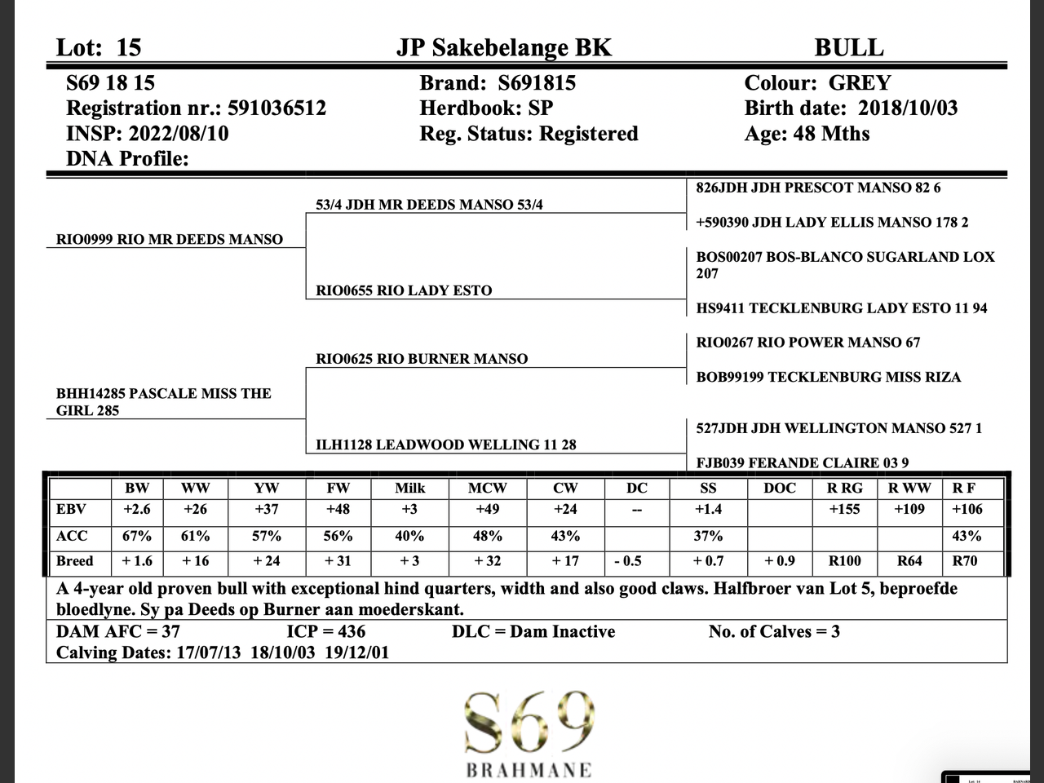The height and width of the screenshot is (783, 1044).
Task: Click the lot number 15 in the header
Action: tap(128, 47)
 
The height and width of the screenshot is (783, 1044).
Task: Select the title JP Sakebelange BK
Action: tap(503, 47)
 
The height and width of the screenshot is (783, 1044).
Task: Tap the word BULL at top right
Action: tap(848, 47)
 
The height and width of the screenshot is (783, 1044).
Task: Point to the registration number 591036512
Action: tap(276, 108)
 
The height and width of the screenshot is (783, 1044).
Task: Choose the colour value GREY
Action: tap(860, 83)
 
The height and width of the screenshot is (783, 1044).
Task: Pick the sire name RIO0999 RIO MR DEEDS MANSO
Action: tap(170, 239)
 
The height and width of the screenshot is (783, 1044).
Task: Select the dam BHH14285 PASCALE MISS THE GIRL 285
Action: tap(163, 401)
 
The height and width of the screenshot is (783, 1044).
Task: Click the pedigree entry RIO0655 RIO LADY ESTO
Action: tap(404, 290)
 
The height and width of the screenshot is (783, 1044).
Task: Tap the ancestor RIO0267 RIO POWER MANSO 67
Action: tap(807, 343)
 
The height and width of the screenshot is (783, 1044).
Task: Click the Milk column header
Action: tap(409, 488)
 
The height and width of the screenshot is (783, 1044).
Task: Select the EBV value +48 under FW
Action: tap(338, 510)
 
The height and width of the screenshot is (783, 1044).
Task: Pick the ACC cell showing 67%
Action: tap(137, 536)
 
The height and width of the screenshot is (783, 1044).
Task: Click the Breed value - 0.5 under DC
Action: tap(628, 561)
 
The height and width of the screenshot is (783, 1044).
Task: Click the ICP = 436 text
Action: tap(326, 631)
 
